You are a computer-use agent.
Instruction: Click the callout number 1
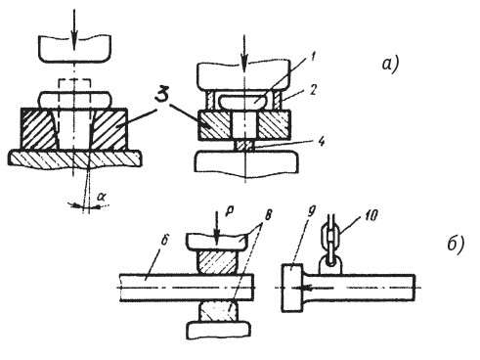[x=313, y=57]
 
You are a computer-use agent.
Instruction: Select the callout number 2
[x=313, y=90]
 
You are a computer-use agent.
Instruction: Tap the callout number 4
[x=321, y=141]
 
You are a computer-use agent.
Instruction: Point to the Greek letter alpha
[x=102, y=197]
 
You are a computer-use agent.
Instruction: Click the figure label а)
[x=390, y=64]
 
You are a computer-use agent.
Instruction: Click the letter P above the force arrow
[x=228, y=211]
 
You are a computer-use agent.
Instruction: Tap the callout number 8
[x=268, y=215]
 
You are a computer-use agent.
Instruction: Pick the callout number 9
[x=312, y=212]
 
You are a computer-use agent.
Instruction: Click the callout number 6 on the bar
[x=164, y=241]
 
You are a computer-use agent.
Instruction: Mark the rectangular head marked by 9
[x=292, y=288]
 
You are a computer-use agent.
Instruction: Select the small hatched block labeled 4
[x=244, y=146]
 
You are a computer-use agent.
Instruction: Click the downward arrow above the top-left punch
[x=74, y=28]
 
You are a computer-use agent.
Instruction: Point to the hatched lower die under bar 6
[x=218, y=311]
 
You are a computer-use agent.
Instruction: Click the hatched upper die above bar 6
[x=217, y=262]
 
